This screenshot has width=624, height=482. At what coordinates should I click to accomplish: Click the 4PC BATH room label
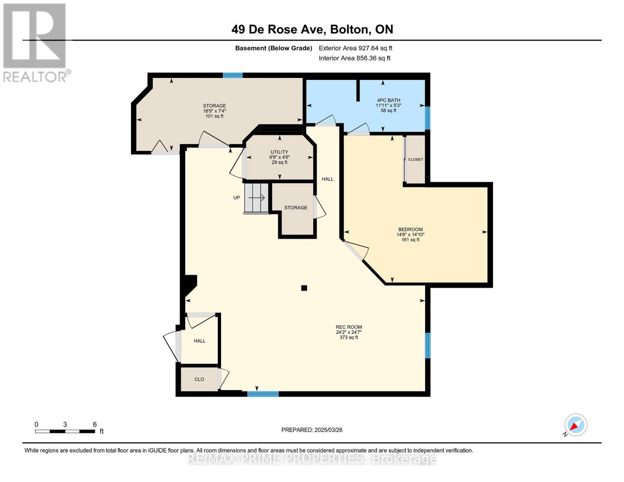(x=388, y=100)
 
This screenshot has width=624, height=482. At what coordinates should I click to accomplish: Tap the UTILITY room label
(x=279, y=152)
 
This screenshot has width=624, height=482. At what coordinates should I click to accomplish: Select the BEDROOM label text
(x=410, y=230)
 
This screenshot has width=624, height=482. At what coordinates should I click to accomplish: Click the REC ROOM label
(x=349, y=327)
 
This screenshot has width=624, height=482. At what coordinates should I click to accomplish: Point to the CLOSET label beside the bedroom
(x=415, y=159)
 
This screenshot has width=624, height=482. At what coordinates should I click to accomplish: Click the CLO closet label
(x=199, y=379)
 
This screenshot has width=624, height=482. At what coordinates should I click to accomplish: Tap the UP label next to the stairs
(x=237, y=198)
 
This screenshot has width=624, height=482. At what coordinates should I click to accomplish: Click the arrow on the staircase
(x=257, y=198)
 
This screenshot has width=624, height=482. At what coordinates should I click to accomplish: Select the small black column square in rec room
(x=304, y=288)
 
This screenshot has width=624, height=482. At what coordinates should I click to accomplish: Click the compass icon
(x=575, y=425)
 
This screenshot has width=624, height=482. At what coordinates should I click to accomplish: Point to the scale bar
(x=65, y=431)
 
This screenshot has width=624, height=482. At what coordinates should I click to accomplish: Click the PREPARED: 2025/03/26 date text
(x=312, y=430)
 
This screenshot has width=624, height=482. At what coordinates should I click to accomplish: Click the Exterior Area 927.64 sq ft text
(x=355, y=48)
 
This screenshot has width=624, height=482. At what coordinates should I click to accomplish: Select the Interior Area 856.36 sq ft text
(x=354, y=58)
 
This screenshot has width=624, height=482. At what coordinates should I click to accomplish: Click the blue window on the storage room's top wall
(x=233, y=75)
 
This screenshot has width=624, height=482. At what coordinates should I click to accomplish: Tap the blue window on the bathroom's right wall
(x=428, y=118)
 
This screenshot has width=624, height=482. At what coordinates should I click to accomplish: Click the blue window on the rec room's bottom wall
(x=263, y=394)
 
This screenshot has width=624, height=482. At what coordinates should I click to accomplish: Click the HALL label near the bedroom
(x=327, y=179)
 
